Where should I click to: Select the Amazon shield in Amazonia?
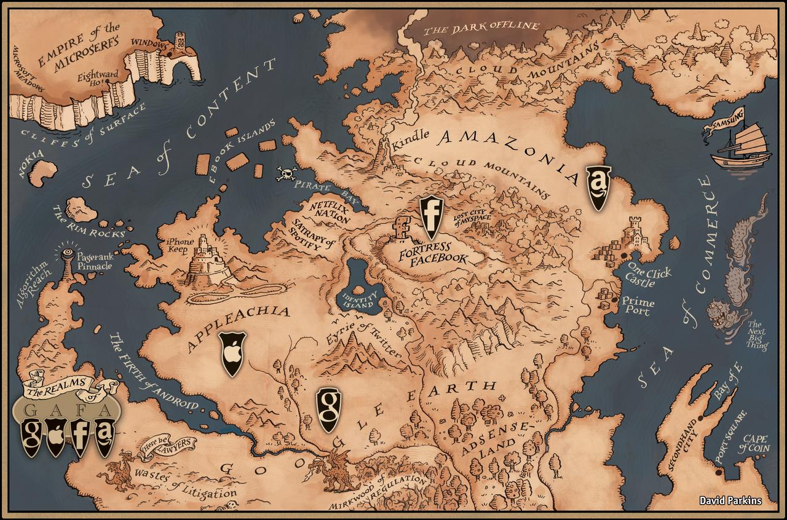[x=597, y=188]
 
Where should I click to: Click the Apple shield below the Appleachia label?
[x=232, y=354]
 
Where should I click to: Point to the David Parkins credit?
[x=730, y=500]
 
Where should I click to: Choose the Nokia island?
[x=42, y=174]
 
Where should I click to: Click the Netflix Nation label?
[x=328, y=211]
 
